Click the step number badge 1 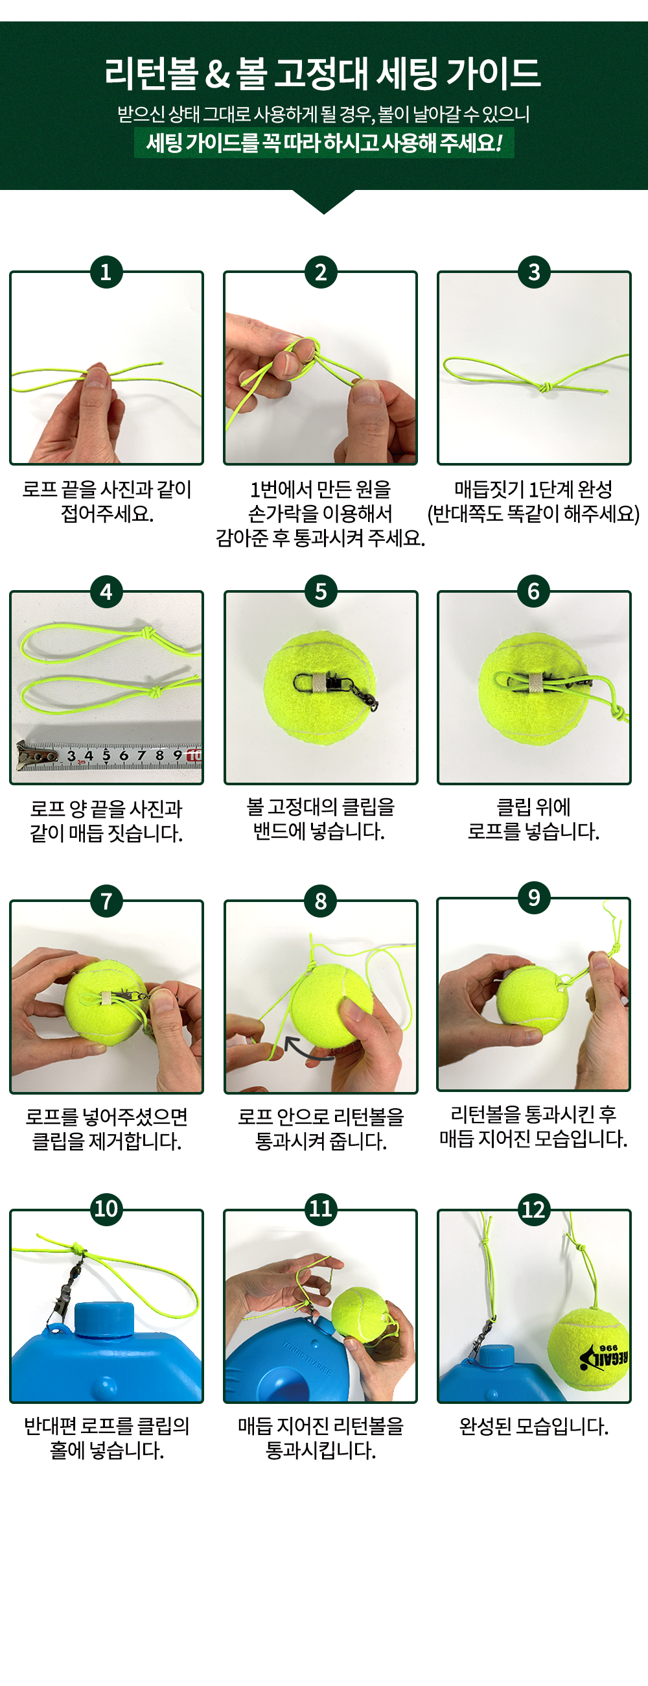point(106,272)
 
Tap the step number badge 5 point(320,591)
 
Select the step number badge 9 point(534,897)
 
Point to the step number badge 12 point(534,1209)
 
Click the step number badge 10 point(106,1208)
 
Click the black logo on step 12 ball point(604,1357)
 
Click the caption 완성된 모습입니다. point(534,1425)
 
